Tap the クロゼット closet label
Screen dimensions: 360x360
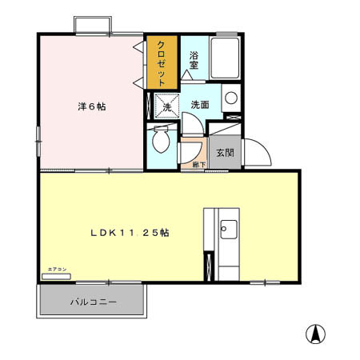click(x=162, y=63)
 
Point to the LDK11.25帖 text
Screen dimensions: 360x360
click(x=129, y=233)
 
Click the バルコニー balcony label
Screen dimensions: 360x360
click(x=94, y=302)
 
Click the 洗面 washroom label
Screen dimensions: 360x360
click(x=200, y=105)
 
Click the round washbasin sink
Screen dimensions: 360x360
click(x=230, y=99)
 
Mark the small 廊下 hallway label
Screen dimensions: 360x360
click(x=198, y=165)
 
